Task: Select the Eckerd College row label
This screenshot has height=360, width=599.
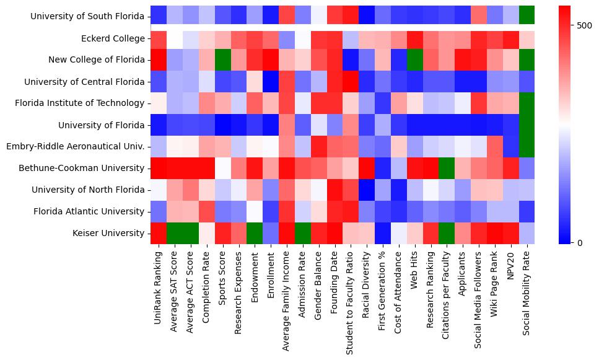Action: [x=113, y=38]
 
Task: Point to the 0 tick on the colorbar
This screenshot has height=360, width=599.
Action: [x=580, y=242]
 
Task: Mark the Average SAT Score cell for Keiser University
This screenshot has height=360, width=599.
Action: [x=175, y=233]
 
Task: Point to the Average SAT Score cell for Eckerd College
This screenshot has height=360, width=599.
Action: [x=175, y=38]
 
